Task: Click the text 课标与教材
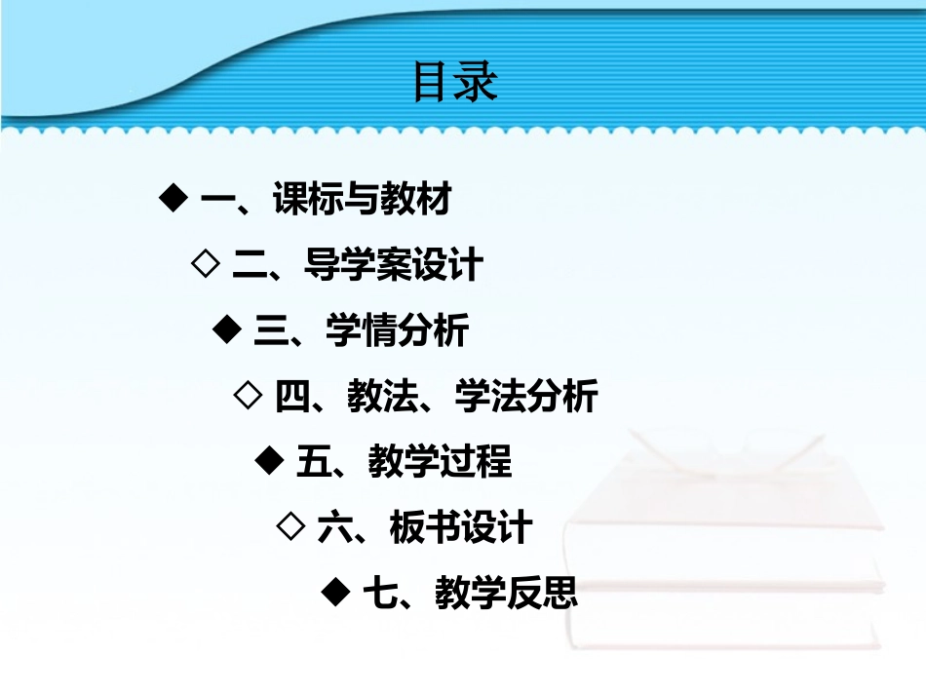[363, 200]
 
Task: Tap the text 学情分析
[397, 330]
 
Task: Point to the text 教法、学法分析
[472, 396]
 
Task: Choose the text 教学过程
[440, 461]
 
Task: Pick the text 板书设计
[461, 527]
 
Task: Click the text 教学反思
[507, 593]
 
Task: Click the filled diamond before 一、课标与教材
[173, 198]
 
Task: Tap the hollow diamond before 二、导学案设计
[205, 263]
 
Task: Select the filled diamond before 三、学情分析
[226, 328]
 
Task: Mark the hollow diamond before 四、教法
[249, 394]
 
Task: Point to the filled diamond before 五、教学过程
[268, 459]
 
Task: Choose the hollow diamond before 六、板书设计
[290, 525]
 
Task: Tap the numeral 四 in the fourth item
[293, 397]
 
